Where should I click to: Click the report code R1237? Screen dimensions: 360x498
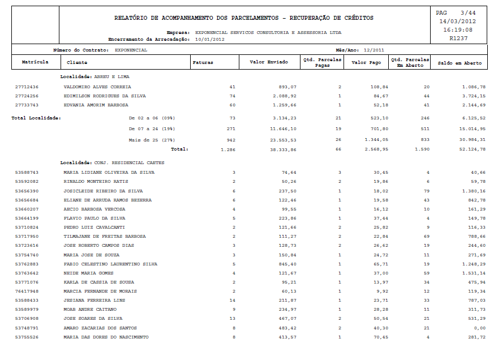coord(460,38)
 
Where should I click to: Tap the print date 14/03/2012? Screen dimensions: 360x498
coord(460,21)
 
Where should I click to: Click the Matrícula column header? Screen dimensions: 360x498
coord(35,62)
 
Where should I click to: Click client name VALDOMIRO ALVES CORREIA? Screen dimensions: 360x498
coord(97,87)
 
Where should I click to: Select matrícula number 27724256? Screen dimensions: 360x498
coord(27,96)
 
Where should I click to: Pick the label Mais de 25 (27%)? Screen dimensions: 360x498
coord(152,139)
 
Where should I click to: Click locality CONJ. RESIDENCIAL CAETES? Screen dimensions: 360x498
coord(129,163)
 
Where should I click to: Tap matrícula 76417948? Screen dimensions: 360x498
coord(27,291)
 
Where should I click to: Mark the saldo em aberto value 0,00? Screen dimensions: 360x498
coord(479,328)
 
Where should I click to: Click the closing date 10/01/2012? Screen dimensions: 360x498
coord(210,40)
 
